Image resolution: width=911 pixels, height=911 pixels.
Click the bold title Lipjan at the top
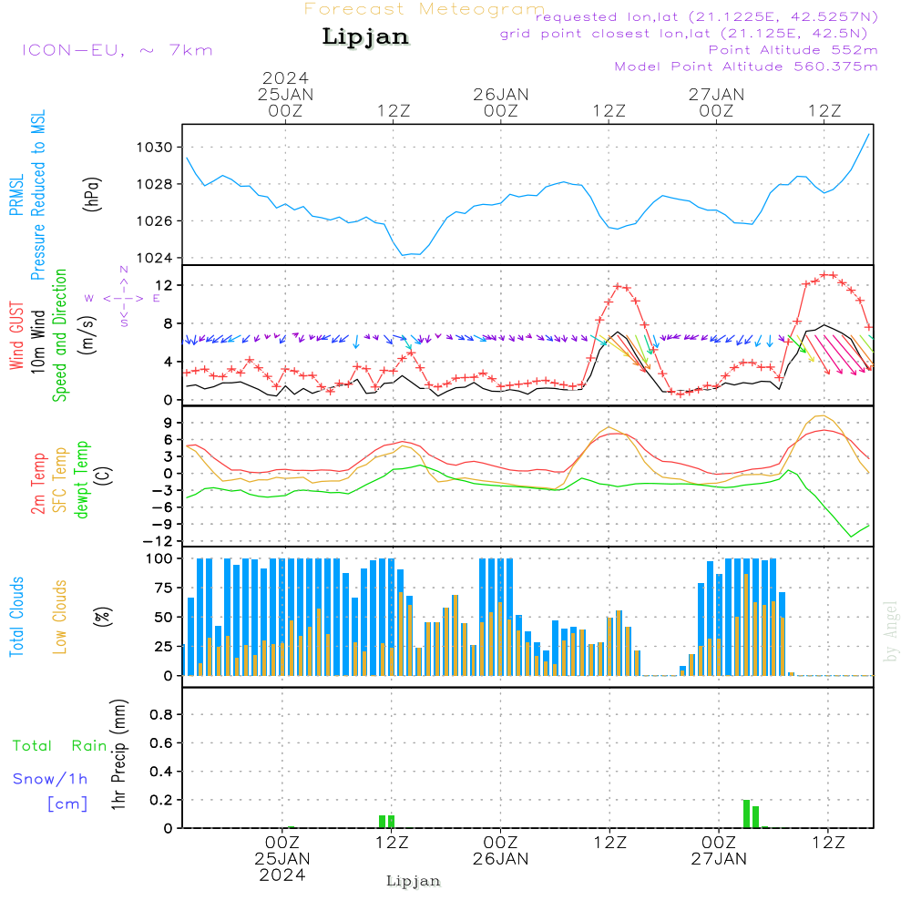pyautogui.click(x=365, y=36)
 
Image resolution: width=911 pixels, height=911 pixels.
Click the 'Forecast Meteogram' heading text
pyautogui.click(x=425, y=9)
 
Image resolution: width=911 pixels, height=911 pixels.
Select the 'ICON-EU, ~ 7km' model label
pyautogui.click(x=117, y=50)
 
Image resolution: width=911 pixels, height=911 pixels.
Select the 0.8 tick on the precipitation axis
pyautogui.click(x=161, y=714)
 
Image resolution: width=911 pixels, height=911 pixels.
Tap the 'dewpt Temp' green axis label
pyautogui.click(x=83, y=480)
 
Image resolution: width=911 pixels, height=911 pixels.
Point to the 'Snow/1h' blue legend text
pyautogui.click(x=51, y=780)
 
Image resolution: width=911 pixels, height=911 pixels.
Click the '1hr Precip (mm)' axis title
pyautogui.click(x=118, y=756)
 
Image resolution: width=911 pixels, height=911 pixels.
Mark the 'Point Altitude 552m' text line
pyautogui.click(x=793, y=50)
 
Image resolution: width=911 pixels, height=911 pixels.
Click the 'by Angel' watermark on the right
pyautogui.click(x=892, y=631)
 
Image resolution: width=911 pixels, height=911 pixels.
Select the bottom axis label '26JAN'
pyautogui.click(x=500, y=859)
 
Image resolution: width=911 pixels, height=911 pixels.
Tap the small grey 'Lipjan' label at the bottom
pyautogui.click(x=414, y=881)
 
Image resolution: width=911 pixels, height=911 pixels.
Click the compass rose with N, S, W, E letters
pyautogui.click(x=123, y=298)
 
